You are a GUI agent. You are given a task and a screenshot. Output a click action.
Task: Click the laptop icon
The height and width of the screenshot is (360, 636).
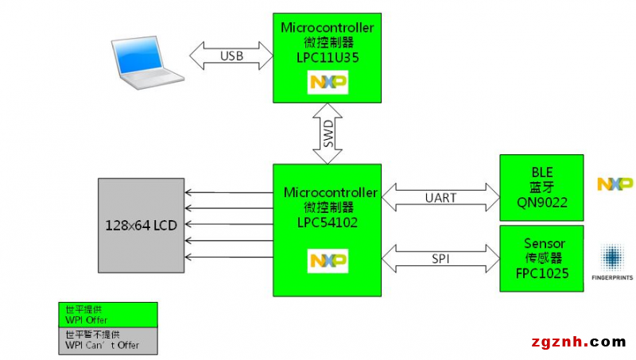[x=148, y=63]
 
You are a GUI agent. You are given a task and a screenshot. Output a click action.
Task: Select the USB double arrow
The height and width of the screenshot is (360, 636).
[x=231, y=56]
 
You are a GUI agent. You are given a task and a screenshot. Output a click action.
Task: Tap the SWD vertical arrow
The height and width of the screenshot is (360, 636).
[x=328, y=134]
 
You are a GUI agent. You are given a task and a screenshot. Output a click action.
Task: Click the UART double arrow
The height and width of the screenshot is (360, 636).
[x=440, y=197]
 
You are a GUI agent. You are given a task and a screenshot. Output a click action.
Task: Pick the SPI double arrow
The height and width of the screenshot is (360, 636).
[x=440, y=258]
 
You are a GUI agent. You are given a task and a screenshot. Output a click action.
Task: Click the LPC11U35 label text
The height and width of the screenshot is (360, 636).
[x=328, y=57]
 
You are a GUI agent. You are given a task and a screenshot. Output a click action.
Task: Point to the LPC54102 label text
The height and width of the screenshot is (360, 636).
[x=328, y=223]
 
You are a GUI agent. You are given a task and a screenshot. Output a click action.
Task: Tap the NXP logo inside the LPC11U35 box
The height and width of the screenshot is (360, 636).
[x=328, y=83]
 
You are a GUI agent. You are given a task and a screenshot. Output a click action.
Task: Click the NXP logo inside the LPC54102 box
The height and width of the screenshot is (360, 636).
[x=328, y=261]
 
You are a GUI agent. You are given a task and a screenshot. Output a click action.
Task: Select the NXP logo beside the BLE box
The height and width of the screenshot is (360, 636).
[x=615, y=184]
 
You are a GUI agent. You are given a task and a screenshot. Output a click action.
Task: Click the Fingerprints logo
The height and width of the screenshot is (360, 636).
[x=612, y=262]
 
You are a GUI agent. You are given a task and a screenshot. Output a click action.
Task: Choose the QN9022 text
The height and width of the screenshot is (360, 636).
[x=542, y=203]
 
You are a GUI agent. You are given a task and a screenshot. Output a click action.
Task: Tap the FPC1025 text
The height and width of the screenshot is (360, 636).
[x=542, y=273]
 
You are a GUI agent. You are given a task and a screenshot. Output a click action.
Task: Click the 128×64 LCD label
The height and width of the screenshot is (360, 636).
[x=142, y=226]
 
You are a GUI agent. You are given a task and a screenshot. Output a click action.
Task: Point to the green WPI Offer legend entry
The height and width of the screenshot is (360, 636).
[x=108, y=315]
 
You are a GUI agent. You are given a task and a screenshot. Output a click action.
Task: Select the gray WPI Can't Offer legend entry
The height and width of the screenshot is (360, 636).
[x=108, y=341]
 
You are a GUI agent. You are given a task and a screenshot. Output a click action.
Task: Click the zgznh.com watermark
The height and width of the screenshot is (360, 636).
[x=579, y=343]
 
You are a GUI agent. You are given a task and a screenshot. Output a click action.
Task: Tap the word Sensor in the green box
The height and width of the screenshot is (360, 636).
[x=545, y=243]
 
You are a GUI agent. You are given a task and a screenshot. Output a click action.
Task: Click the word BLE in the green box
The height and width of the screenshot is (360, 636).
[x=542, y=172]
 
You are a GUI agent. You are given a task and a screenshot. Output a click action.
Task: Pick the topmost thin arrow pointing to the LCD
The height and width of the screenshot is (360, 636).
[x=229, y=192]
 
